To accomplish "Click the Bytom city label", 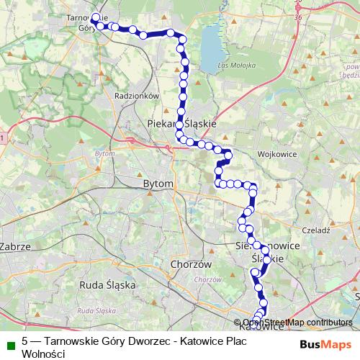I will click(x=158, y=184).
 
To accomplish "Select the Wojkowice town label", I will click(x=272, y=154).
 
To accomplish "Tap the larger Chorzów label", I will click(x=191, y=264).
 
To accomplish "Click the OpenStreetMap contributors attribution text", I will click(x=297, y=322).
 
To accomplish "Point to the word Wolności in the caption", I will click(x=44, y=355).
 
